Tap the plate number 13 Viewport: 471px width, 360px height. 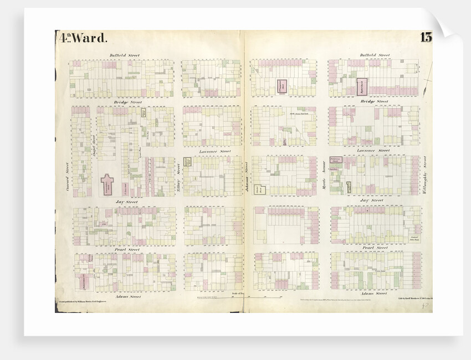point(426,38)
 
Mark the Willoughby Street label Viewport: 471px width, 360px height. point(425,176)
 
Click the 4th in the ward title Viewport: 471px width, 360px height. point(64,38)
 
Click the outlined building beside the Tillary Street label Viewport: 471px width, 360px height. point(188,163)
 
